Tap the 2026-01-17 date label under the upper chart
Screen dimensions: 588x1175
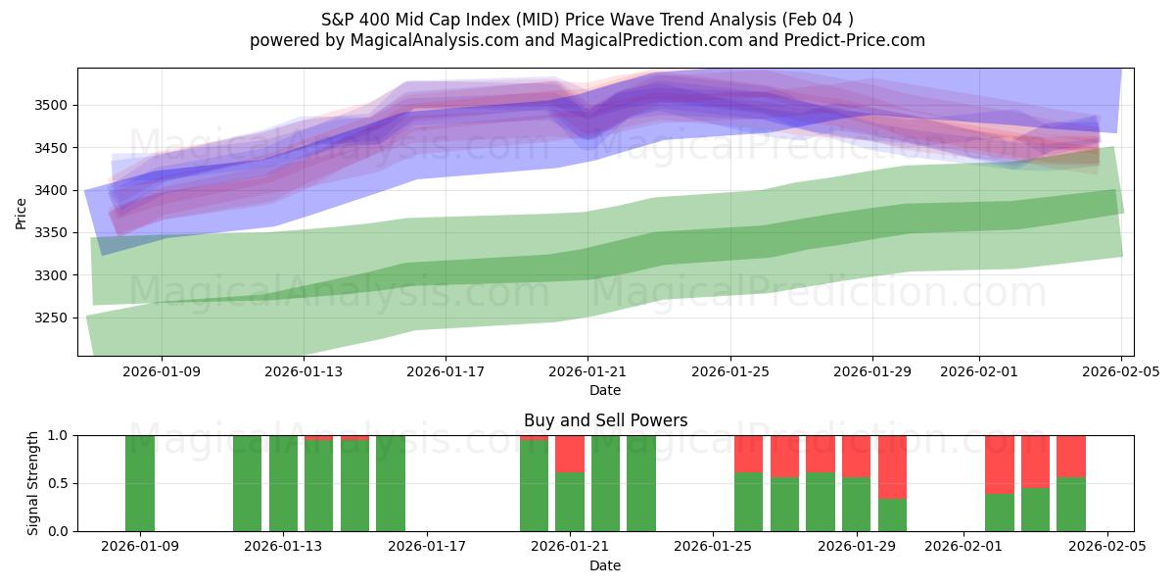[446, 371]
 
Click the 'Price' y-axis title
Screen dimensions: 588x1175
[22, 213]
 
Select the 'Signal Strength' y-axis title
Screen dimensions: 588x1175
[33, 483]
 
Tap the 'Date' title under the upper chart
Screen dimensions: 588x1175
[605, 390]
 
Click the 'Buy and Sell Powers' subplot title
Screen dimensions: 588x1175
[605, 420]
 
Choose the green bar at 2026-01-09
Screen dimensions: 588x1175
[140, 483]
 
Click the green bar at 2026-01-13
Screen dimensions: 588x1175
[283, 483]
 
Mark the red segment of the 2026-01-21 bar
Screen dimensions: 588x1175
[570, 454]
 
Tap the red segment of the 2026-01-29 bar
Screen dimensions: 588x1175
[857, 456]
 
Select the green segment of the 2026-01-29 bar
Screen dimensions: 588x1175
[857, 505]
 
